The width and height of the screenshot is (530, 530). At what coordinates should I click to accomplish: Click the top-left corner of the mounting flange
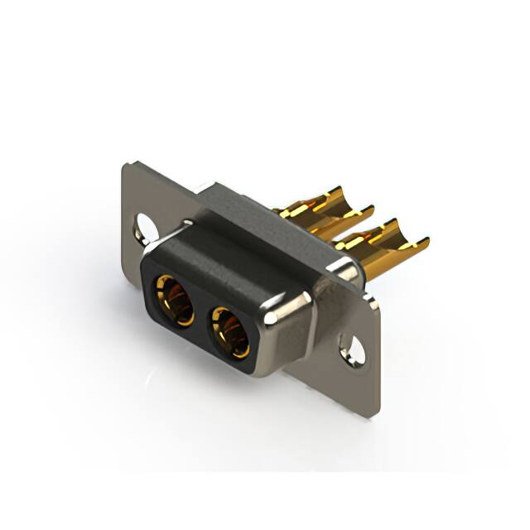(x=127, y=165)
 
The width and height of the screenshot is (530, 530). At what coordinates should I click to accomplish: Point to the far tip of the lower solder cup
(x=426, y=241)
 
